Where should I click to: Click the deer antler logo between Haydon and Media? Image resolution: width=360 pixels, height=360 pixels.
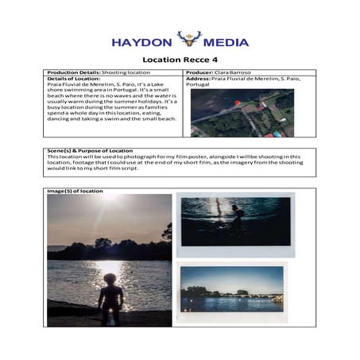(189, 39)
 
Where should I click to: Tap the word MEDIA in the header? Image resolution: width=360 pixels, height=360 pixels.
(226, 41)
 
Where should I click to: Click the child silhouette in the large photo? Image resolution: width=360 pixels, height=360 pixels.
(104, 299)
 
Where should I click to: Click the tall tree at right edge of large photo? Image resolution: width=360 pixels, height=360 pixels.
(166, 235)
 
